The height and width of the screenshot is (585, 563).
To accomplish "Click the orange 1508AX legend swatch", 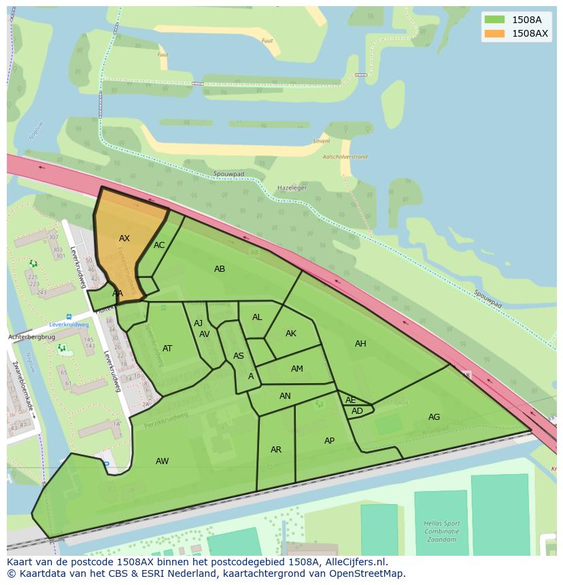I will [x=494, y=33].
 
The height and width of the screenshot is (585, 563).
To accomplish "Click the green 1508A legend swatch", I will [x=494, y=20].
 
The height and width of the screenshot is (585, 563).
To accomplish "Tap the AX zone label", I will [x=124, y=238].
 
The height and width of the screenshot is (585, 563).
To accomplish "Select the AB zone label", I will [x=220, y=269].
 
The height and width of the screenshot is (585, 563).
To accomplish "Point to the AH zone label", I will [x=360, y=344].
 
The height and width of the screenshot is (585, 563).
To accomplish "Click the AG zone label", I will [x=434, y=417].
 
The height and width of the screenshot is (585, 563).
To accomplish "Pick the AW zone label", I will [x=162, y=461].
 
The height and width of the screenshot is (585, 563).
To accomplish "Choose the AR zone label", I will [x=276, y=450].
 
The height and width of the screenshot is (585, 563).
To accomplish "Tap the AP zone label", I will [x=329, y=441].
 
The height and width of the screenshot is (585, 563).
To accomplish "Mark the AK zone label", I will [x=291, y=334].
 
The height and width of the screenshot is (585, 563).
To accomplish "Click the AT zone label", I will [x=167, y=349].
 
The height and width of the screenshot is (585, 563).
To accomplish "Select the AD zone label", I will [x=357, y=411].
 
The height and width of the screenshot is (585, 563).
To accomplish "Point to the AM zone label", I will [x=297, y=369].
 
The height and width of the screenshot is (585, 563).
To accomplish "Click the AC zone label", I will [x=159, y=245].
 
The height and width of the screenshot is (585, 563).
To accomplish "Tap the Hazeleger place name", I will [x=292, y=188].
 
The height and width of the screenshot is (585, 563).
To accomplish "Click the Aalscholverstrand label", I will [x=345, y=157].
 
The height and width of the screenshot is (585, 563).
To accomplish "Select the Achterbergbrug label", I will [x=31, y=337].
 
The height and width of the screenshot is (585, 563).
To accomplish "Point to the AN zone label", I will [x=285, y=396].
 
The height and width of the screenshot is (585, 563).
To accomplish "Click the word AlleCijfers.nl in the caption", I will [x=355, y=562].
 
